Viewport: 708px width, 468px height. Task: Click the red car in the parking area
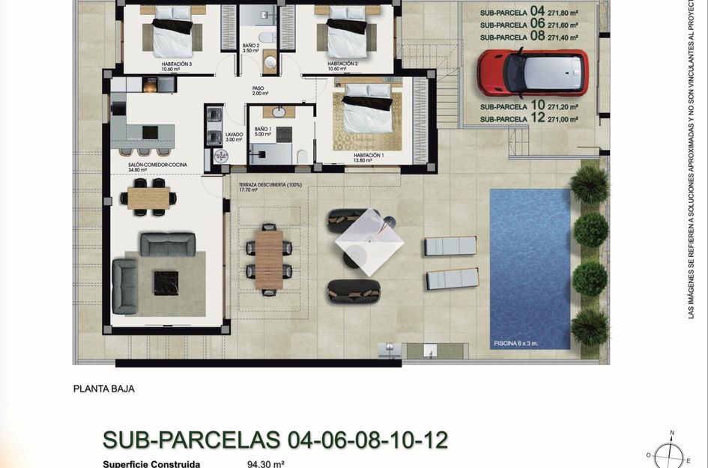pyautogui.click(x=533, y=73)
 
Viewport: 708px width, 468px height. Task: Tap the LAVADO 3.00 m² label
pyautogui.click(x=234, y=137)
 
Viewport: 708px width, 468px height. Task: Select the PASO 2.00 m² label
pyautogui.click(x=259, y=91)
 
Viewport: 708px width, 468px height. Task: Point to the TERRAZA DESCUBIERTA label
pyautogui.click(x=270, y=185)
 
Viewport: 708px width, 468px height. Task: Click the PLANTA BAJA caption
pyautogui.click(x=103, y=389)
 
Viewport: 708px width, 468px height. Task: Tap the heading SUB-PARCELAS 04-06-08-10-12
pyautogui.click(x=275, y=439)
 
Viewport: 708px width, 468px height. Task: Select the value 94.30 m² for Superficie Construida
pyautogui.click(x=265, y=464)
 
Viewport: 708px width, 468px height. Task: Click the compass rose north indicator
pyautogui.click(x=672, y=434)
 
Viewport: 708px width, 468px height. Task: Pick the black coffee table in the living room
pyautogui.click(x=166, y=282)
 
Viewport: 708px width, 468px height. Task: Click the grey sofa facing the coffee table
pyautogui.click(x=168, y=244)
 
